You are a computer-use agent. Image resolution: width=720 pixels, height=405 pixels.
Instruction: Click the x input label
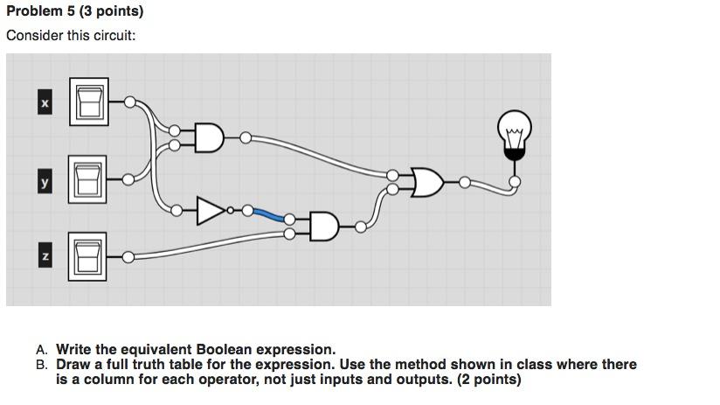45,103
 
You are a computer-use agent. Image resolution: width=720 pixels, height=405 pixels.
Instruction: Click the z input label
45,256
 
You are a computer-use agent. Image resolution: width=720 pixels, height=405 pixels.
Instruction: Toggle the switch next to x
87,102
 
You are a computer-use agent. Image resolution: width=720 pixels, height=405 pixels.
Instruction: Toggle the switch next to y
87,179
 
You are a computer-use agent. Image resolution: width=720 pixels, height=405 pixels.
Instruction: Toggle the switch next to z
87,256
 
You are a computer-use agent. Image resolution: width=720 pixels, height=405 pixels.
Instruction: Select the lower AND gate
322,226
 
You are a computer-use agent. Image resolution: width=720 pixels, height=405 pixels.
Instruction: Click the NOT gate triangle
211,211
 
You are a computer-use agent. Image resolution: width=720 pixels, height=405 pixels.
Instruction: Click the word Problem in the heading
34,11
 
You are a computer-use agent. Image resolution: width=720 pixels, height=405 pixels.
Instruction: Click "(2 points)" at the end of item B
488,380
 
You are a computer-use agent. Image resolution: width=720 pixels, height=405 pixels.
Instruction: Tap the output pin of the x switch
129,102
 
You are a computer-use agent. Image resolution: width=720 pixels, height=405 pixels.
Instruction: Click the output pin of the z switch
129,256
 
